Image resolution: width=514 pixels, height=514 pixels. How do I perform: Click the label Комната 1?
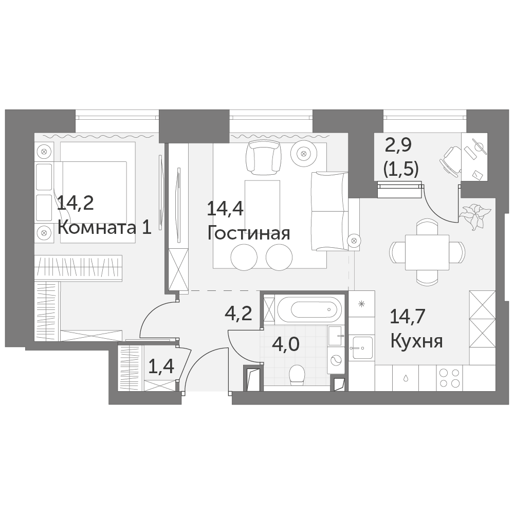[x=104, y=228]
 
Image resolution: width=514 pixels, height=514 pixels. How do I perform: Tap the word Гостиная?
[x=249, y=233]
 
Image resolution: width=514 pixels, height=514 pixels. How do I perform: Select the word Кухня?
[x=417, y=341]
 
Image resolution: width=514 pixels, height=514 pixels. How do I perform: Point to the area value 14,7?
[x=408, y=317]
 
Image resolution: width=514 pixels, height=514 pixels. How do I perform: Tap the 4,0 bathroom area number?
[x=285, y=345]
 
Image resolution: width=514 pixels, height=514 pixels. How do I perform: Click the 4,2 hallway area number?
[x=238, y=314]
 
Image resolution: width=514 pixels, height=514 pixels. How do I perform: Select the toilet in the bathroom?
[x=297, y=375]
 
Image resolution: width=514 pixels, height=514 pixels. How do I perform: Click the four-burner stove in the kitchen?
[x=449, y=378]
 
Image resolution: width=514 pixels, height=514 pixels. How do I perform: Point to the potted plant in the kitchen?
[x=474, y=215]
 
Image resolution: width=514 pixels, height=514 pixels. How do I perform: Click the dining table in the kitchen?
[x=427, y=252]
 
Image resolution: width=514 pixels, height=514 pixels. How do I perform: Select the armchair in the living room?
[x=264, y=157]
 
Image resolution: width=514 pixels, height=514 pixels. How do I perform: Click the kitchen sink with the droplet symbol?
[x=406, y=378]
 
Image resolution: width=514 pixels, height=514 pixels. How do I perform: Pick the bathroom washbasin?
[x=336, y=336]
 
